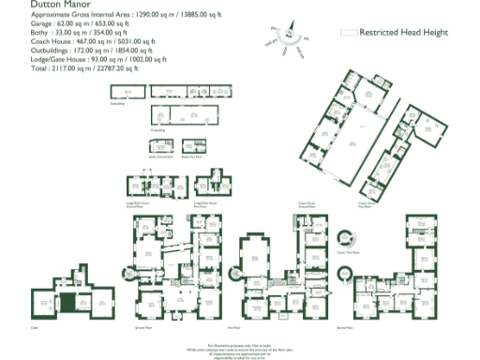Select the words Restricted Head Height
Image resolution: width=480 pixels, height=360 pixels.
pyautogui.click(x=404, y=32)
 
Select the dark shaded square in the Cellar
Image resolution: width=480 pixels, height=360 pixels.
pyautogui.click(x=67, y=302)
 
